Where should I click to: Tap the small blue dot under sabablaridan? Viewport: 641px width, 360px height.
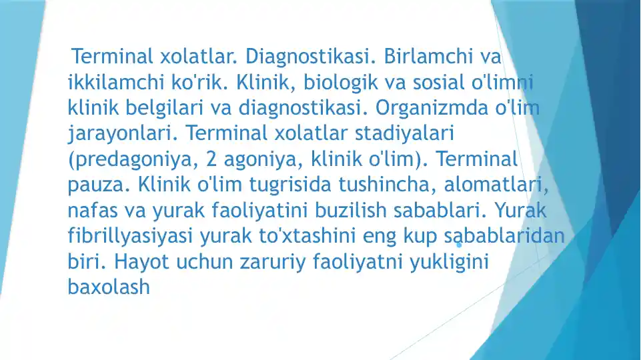pos(459,245)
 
